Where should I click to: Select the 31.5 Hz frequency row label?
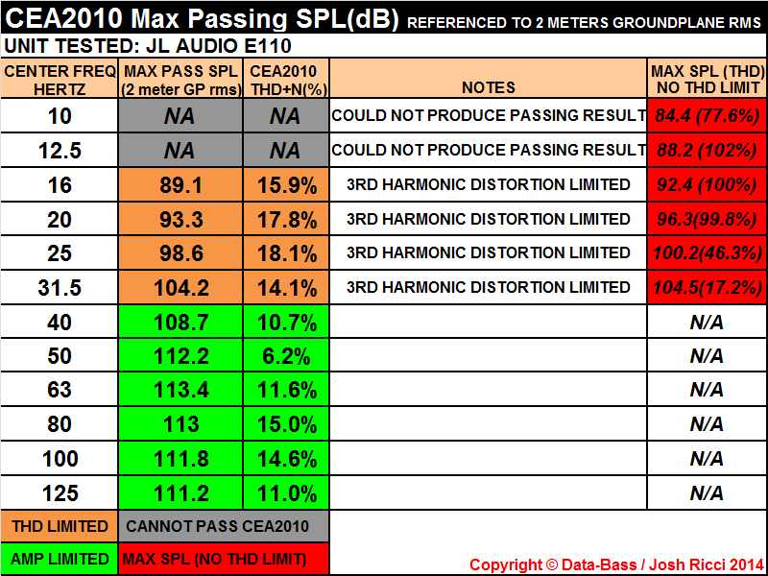60,287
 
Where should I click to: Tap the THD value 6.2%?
285,356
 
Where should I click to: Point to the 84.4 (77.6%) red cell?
707,116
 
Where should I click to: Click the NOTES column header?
489,87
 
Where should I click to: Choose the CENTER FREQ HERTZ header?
60,79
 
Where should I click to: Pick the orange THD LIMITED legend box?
60,525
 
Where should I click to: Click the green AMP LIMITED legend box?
60,559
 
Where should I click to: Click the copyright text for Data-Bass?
616,564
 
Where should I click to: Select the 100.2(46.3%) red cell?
707,252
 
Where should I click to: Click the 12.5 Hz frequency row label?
60,151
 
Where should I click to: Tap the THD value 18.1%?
285,253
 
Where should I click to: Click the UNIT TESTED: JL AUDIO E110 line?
149,45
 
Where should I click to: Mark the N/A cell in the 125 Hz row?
707,493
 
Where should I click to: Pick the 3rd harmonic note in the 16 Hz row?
489,184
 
